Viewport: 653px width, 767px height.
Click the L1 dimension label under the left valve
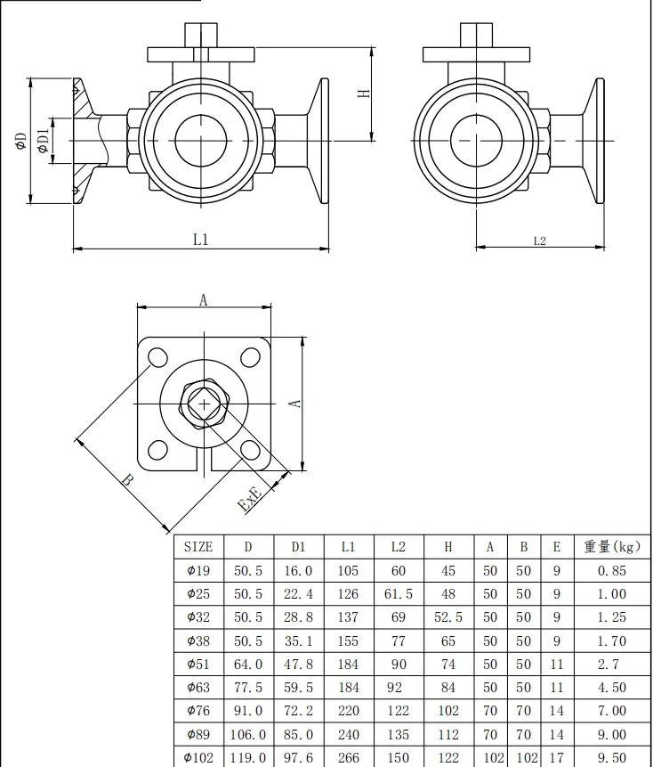pos(201,240)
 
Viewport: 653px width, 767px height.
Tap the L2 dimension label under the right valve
pos(539,241)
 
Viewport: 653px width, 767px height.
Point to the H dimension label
pos(365,93)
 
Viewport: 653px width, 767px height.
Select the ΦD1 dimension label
pos(44,141)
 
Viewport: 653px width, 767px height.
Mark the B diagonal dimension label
pos(127,479)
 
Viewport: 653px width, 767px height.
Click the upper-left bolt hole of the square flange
pos(157,357)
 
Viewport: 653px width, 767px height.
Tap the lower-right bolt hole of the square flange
pos(251,450)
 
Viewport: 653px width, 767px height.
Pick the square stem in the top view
pos(204,404)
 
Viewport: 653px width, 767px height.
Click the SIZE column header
pos(198,546)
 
